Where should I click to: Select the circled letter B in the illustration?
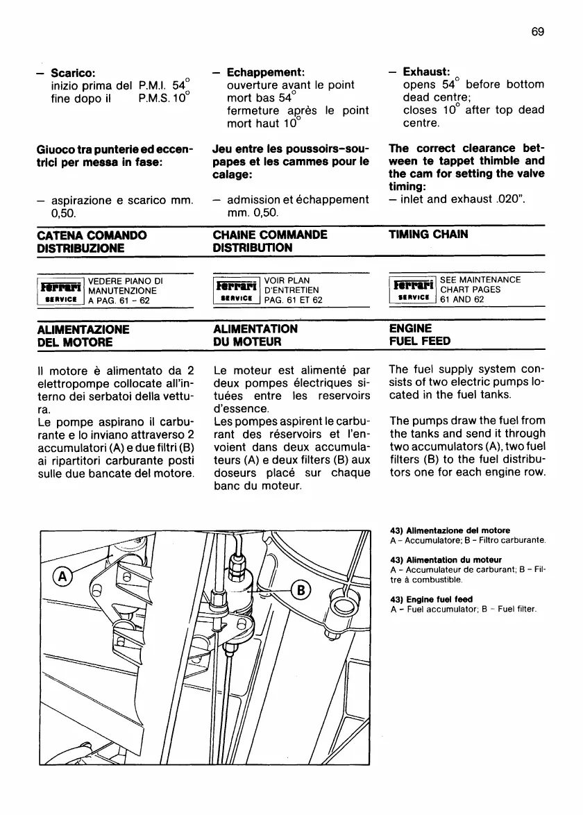tap(301, 591)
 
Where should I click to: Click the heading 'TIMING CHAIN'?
tap(428, 235)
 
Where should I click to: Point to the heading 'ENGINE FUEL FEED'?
tap(420, 335)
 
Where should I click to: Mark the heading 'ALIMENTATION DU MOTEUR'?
tap(256, 335)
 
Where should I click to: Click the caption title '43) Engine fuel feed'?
tap(432, 599)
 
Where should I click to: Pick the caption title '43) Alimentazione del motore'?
tap(450, 530)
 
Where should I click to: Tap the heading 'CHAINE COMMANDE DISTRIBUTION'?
tap(270, 241)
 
